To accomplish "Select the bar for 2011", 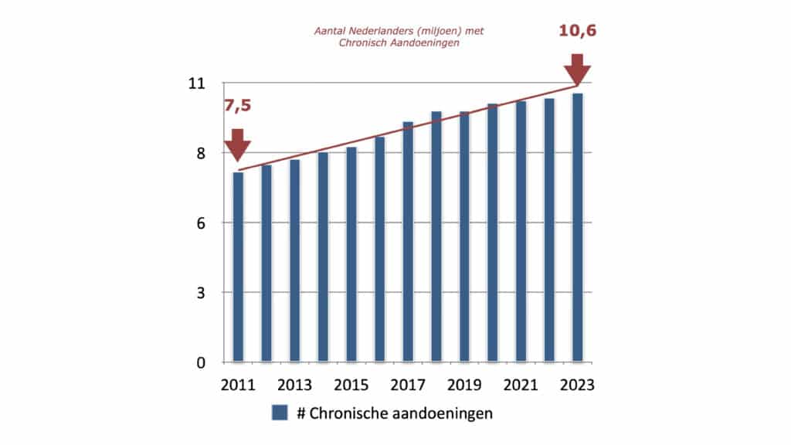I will click(238, 267).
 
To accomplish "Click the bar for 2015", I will click(351, 255).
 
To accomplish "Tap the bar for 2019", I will click(464, 237).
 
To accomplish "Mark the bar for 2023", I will click(577, 228).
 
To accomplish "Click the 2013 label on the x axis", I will click(295, 386).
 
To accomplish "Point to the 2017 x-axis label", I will click(408, 386).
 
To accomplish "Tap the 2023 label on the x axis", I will click(577, 386).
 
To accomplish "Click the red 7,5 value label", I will click(238, 107).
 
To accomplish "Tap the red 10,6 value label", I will click(577, 32).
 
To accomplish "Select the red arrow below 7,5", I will click(237, 144).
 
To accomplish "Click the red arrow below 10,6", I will click(577, 69).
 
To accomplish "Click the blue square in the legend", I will click(280, 413).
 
